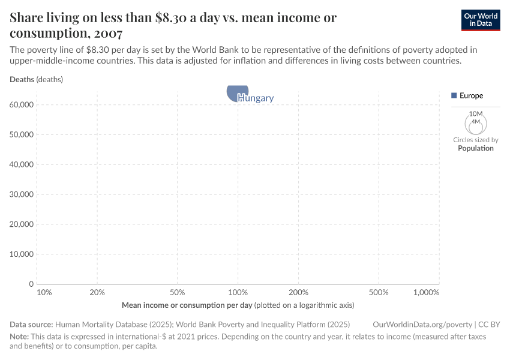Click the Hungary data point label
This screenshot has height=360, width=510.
[256, 98]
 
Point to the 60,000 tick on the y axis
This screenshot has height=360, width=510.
[22, 105]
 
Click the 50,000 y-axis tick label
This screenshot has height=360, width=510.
[22, 135]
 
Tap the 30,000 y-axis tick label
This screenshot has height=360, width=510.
[22, 194]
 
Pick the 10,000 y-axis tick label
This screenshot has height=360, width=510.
[22, 254]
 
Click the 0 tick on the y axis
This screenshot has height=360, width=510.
[30, 284]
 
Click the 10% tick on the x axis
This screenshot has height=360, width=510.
[44, 292]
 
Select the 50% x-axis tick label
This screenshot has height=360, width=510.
[177, 292]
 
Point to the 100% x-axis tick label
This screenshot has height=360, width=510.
[238, 292]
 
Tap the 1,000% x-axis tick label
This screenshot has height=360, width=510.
[426, 292]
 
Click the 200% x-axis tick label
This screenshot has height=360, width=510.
[298, 292]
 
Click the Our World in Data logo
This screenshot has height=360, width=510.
[480, 20]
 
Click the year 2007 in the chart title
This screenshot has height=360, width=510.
[108, 33]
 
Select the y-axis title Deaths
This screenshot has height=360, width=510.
[22, 79]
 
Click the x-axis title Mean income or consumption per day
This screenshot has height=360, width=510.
[187, 305]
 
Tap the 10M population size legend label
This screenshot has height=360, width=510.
[476, 114]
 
